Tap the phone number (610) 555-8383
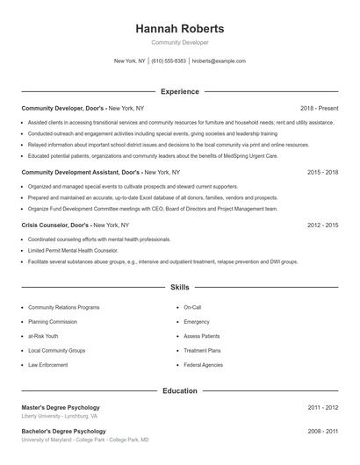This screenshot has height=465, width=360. tap(169, 61)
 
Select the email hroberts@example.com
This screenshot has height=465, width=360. tap(219, 61)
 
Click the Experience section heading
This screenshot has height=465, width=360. tap(180, 91)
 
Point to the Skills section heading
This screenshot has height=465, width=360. tap(180, 287)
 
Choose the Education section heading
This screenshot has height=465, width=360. tap(180, 390)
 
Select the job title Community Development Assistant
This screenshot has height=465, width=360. tap(68, 173)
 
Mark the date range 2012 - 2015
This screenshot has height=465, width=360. tap(322, 225)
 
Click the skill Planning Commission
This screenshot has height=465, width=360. tap(54, 322)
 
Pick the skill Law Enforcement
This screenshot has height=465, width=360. tap(47, 364)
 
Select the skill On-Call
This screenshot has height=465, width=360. tap(192, 308)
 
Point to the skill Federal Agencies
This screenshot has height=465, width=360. tap(203, 364)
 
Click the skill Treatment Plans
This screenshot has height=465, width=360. tap(202, 350)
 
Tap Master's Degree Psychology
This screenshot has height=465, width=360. tap(61, 407)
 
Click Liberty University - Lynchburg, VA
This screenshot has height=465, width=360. tap(60, 416)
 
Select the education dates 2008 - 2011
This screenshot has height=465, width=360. tap(322, 432)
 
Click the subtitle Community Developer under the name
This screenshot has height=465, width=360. tap(180, 42)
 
